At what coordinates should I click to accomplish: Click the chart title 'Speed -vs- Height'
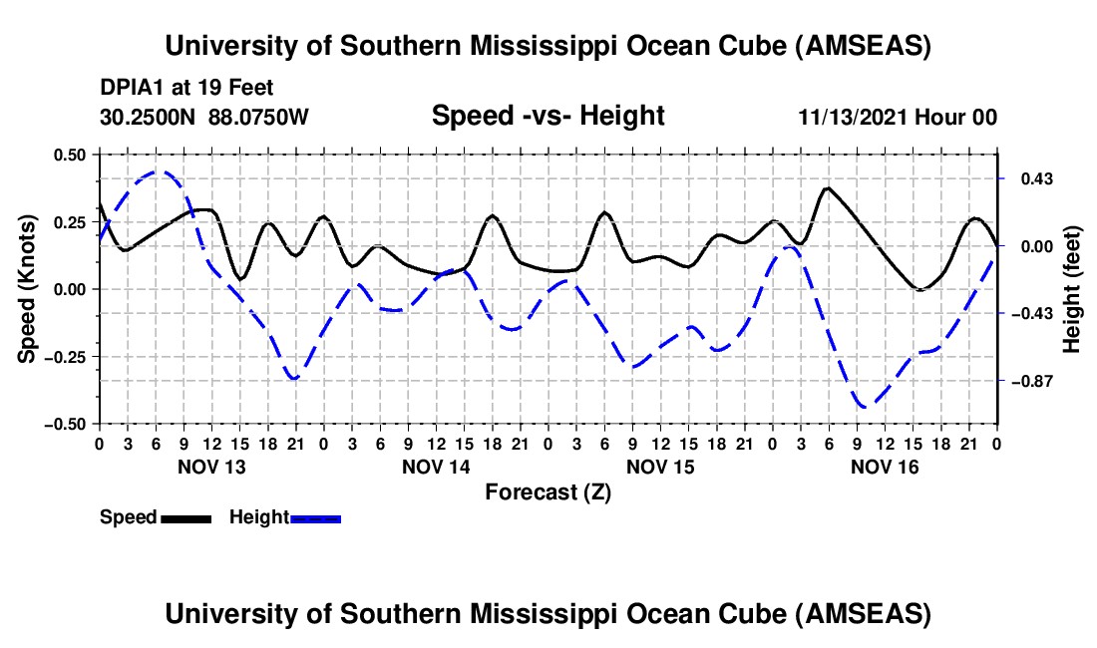[x=548, y=116]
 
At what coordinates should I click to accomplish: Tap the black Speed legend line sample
[x=185, y=517]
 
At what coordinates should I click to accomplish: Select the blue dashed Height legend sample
[x=315, y=517]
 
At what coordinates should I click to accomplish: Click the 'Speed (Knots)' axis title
[x=29, y=288]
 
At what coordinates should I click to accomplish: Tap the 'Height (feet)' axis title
[x=1071, y=288]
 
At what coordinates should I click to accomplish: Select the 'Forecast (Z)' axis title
[x=548, y=491]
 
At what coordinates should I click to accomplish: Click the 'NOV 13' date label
[x=211, y=467]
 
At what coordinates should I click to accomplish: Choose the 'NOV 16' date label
[x=885, y=467]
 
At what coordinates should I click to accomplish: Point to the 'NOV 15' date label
[x=660, y=467]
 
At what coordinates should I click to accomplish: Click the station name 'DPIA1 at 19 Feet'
[x=186, y=88]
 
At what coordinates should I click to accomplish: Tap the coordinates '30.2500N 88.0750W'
[x=204, y=117]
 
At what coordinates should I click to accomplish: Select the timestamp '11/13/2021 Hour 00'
[x=898, y=117]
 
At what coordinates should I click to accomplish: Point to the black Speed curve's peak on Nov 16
[x=827, y=187]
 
